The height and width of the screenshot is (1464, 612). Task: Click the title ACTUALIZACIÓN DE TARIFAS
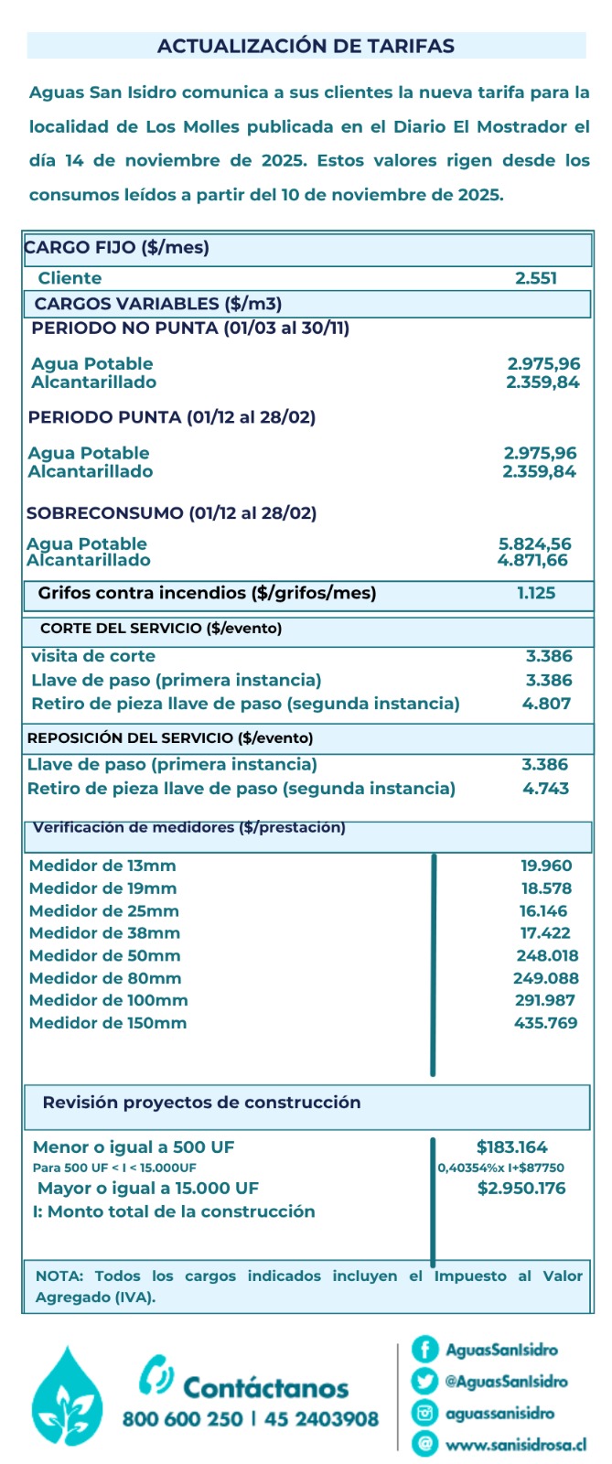tap(306, 46)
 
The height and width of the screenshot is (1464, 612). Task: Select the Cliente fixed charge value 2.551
tap(536, 278)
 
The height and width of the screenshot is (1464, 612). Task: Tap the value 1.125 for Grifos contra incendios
tap(536, 593)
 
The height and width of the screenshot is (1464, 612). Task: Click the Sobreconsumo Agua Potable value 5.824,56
tap(535, 544)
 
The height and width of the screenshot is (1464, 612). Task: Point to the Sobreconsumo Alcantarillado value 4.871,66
tap(532, 560)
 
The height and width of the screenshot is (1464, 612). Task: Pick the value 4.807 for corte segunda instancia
tap(546, 704)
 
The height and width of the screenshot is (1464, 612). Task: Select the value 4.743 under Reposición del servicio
tap(546, 788)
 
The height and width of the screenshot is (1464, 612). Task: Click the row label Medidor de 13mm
tap(102, 866)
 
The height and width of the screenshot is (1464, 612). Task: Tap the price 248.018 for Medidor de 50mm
tap(547, 955)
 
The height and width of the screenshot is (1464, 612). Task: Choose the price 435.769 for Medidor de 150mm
tap(546, 1023)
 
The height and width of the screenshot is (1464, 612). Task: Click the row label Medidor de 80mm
tap(105, 978)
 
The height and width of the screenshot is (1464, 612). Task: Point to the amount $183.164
tap(512, 1146)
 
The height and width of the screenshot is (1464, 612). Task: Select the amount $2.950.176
tap(521, 1188)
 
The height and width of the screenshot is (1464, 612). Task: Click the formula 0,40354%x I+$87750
tap(500, 1168)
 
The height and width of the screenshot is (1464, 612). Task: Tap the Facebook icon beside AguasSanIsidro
tap(424, 1349)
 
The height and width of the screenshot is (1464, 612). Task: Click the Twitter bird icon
tap(424, 1381)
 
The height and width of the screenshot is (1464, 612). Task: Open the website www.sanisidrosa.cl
tap(516, 1445)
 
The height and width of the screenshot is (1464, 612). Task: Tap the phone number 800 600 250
tap(183, 1419)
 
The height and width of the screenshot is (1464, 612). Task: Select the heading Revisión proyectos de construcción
tap(201, 1103)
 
